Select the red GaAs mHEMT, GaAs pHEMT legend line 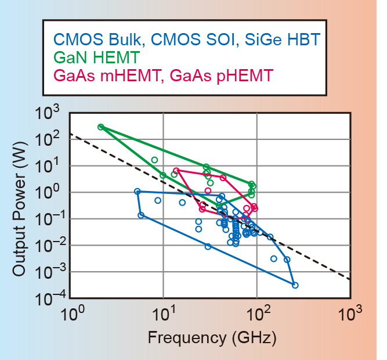tap(163, 75)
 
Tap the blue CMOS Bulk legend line tap(186, 40)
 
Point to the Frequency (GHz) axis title tap(212, 337)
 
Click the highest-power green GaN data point tap(101, 127)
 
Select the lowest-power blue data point tap(295, 285)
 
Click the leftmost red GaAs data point tap(176, 171)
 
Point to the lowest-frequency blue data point tap(138, 191)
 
